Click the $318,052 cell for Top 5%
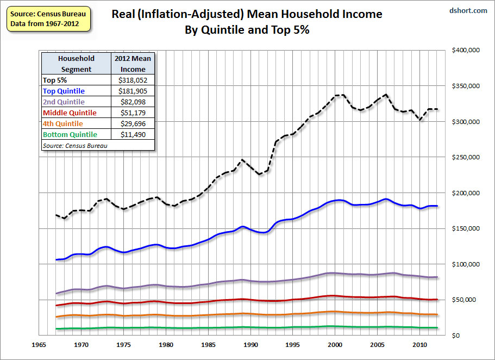133,80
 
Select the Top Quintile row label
64,91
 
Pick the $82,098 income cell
133,102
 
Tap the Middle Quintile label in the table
69,113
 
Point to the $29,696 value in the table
133,123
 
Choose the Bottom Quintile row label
70,134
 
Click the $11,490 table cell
133,134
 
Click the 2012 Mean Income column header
133,64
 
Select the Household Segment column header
76,64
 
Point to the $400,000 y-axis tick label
465,50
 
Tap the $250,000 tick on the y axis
465,157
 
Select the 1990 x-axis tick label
250,345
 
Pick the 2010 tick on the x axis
419,345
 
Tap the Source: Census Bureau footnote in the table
68,145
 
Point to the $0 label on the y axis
458,336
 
